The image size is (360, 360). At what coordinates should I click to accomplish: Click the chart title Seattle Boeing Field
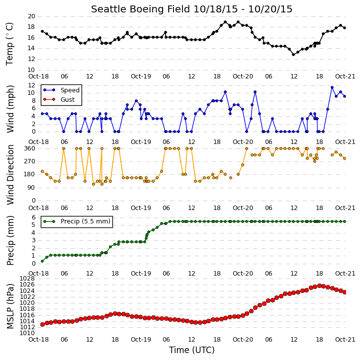(x=140, y=9)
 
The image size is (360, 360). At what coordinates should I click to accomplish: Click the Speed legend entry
(x=61, y=90)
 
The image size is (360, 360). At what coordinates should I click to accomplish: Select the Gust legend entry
(x=59, y=99)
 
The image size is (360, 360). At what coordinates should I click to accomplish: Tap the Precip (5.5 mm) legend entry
(x=77, y=221)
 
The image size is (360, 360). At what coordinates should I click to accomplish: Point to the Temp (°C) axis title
(x=9, y=44)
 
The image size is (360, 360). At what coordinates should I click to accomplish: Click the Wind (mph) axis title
(x=10, y=109)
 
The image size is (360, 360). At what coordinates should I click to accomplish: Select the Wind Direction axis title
(x=10, y=175)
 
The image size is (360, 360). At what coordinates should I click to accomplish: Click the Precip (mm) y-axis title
(x=10, y=240)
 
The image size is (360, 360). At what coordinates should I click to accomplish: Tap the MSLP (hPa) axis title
(x=10, y=306)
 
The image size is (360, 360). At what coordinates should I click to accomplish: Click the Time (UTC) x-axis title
(x=192, y=350)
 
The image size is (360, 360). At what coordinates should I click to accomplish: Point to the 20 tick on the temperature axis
(x=31, y=16)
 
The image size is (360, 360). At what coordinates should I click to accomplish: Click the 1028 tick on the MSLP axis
(x=27, y=279)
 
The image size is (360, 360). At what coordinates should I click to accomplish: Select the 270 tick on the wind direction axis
(x=30, y=161)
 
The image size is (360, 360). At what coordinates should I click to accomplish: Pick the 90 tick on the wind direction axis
(x=31, y=188)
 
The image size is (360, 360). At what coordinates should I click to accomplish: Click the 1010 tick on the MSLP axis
(x=27, y=333)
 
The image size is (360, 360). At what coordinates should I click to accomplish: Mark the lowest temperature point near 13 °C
(x=293, y=55)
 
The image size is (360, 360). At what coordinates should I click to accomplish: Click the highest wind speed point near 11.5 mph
(x=332, y=87)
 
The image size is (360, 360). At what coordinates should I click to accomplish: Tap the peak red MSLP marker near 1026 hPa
(x=319, y=286)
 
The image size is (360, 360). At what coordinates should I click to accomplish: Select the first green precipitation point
(x=42, y=261)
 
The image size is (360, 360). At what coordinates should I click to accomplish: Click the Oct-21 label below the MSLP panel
(x=345, y=339)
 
